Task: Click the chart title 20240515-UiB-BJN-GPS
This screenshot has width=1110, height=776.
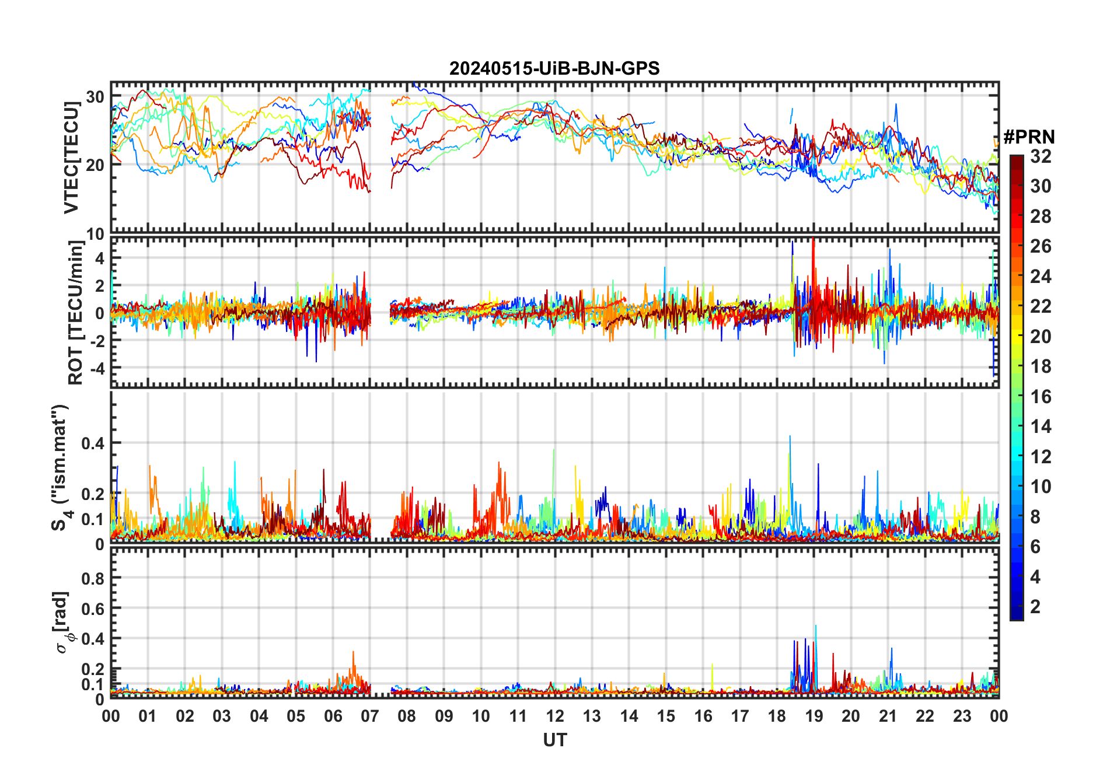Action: (554, 69)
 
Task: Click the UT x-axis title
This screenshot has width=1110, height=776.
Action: (554, 740)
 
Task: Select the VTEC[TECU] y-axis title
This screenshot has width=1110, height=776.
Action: (72, 158)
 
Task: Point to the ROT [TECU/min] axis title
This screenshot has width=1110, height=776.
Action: (76, 313)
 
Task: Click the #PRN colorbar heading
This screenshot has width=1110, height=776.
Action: (1029, 137)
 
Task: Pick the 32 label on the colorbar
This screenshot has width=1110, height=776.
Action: (1041, 156)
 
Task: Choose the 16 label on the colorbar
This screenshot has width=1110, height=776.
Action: (1041, 397)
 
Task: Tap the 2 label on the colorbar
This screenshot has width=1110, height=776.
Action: (1035, 607)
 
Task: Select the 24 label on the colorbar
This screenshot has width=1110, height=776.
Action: (1041, 277)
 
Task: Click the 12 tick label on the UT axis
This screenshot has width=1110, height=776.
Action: (555, 716)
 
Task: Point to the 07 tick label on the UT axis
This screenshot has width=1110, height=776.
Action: (370, 716)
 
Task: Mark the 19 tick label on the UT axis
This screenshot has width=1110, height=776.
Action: (814, 716)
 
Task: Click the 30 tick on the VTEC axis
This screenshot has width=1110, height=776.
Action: (95, 97)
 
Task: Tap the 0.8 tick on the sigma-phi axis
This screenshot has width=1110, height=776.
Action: (93, 579)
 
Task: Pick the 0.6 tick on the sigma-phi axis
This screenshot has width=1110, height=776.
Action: (93, 609)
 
